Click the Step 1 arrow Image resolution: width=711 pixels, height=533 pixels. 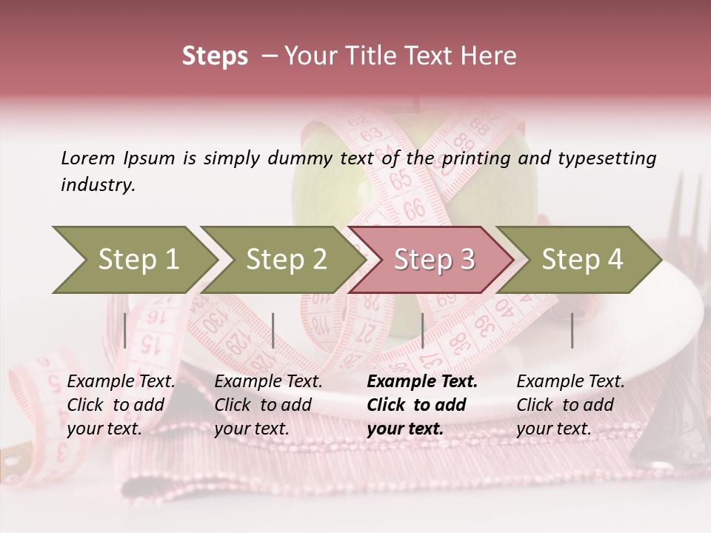tap(133, 260)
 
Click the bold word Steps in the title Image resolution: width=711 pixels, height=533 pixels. tap(215, 56)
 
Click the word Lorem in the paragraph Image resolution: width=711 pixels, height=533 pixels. tap(88, 158)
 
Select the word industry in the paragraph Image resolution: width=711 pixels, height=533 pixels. tap(98, 185)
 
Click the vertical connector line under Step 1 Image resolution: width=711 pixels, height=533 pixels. tap(125, 330)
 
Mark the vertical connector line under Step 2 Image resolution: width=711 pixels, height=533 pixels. tap(273, 330)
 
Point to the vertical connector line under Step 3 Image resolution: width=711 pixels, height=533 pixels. tap(422, 330)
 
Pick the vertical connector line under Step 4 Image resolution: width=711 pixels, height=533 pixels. tap(572, 330)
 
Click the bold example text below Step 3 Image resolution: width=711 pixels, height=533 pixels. tap(421, 405)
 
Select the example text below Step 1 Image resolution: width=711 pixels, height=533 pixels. tap(121, 405)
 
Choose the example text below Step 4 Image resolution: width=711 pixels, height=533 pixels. tap(570, 405)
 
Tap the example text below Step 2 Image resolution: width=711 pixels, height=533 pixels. tap(268, 405)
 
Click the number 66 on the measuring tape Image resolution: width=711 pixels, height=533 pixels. tap(415, 210)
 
